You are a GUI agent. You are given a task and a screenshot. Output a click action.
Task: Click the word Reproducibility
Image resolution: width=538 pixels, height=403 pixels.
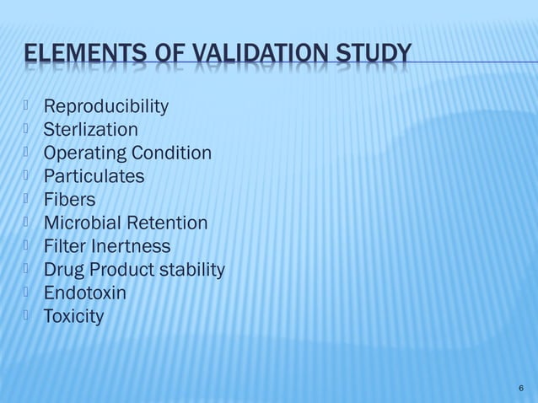tap(105, 107)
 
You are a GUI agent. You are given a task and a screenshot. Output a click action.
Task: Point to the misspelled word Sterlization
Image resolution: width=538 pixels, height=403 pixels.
tap(90, 130)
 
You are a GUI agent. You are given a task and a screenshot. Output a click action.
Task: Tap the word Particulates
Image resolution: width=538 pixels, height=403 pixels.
tap(94, 177)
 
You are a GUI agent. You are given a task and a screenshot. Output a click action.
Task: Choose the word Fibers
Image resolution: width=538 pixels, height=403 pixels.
tap(69, 200)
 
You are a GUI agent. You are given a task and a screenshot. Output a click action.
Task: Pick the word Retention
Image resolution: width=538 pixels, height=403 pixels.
tap(168, 223)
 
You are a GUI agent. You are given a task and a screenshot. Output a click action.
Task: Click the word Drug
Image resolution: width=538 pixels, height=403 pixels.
tap(62, 270)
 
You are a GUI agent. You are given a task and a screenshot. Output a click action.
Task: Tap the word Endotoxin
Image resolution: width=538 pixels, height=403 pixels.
tap(84, 293)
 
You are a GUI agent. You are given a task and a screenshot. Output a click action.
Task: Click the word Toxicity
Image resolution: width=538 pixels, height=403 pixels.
tap(73, 317)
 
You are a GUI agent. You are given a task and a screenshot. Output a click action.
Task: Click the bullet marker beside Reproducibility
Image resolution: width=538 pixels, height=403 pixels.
tap(28, 105)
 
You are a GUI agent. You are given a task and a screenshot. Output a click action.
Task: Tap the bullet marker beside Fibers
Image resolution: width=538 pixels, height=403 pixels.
tap(28, 199)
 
